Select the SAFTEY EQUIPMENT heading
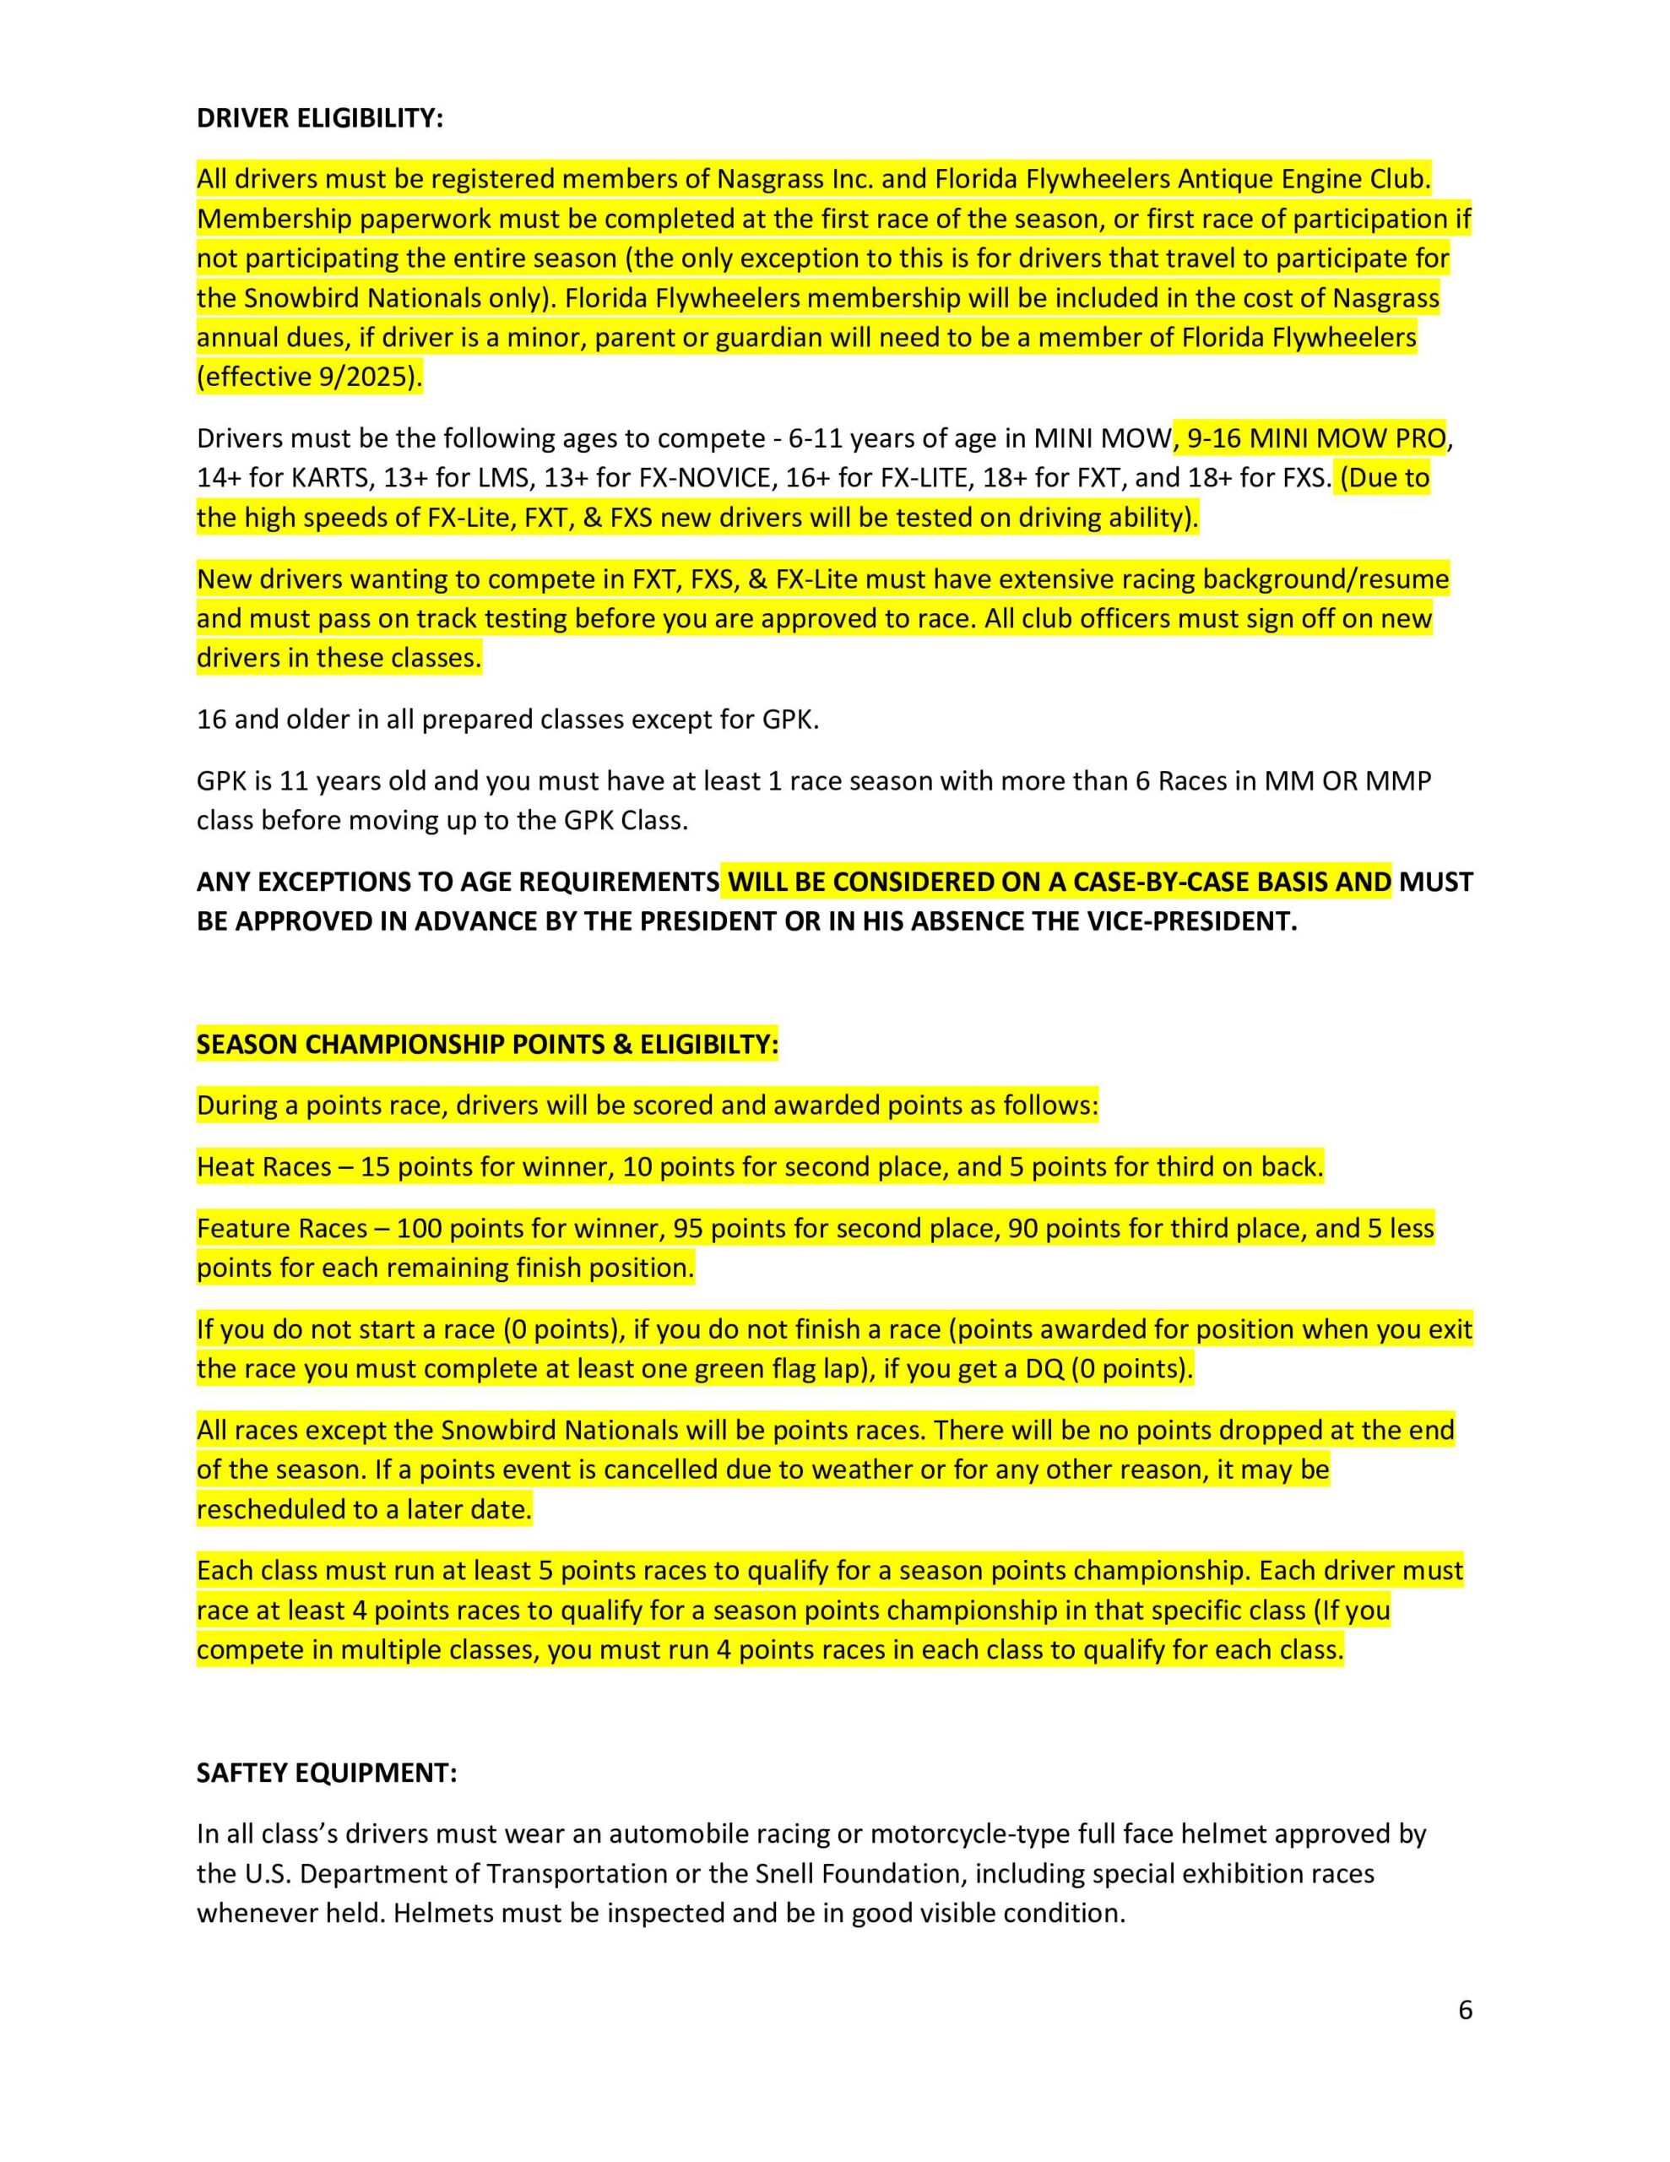(327, 1772)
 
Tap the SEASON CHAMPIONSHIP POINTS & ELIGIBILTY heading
(487, 1045)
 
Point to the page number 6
(1465, 2009)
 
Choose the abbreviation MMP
(1398, 781)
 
